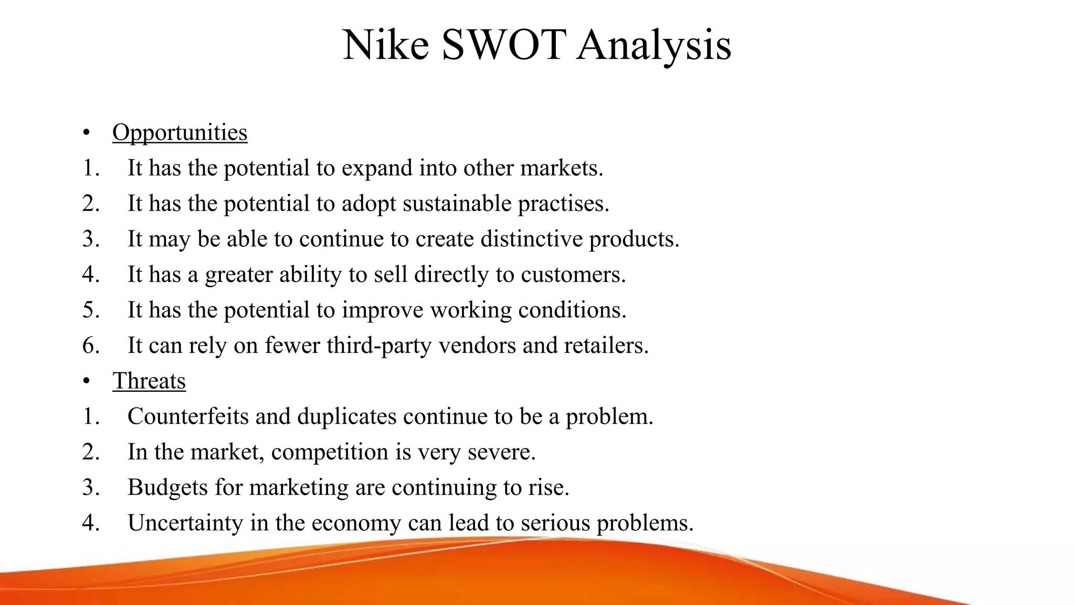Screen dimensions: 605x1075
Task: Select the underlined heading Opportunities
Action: pos(180,132)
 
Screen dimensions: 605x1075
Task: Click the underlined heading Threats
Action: pos(149,381)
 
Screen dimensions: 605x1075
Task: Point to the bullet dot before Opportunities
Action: pos(87,133)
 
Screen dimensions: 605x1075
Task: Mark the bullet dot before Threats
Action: pos(87,381)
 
